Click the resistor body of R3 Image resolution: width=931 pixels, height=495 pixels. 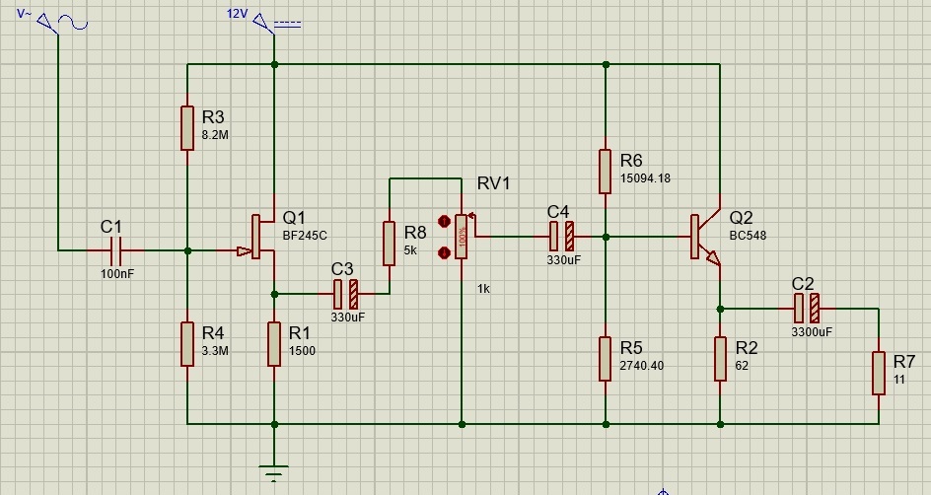(187, 128)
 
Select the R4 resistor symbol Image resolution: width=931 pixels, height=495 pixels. (187, 344)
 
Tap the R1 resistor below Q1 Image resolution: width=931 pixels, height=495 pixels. (274, 344)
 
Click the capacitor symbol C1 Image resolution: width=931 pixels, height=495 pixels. (115, 250)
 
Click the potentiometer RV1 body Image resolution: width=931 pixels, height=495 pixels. (462, 237)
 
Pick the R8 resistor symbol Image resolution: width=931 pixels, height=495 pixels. (389, 244)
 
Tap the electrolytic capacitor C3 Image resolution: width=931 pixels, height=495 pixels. (346, 293)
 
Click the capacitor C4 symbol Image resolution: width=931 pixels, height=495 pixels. (562, 237)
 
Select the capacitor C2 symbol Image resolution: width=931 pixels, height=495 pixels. (807, 309)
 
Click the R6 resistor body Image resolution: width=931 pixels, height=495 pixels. (605, 172)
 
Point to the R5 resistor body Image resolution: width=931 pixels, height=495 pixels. (605, 359)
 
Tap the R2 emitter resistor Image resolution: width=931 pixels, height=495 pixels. (720, 359)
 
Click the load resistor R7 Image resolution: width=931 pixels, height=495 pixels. (879, 373)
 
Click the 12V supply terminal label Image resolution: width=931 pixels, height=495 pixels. (237, 14)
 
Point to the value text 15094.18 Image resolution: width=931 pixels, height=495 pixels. (645, 178)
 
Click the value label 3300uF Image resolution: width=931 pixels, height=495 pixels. (812, 331)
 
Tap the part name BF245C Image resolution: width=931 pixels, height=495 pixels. (305, 236)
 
